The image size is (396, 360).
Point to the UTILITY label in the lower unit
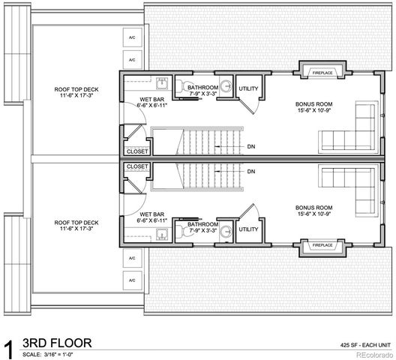pos(249,229)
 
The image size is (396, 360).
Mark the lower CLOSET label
pos(137,166)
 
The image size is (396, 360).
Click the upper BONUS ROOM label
pos(311,106)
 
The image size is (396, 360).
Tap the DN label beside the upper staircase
pos(251,147)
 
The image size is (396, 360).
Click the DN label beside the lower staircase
pos(251,172)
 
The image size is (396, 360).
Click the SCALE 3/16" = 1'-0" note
pos(53,354)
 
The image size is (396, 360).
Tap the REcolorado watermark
pos(374,354)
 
